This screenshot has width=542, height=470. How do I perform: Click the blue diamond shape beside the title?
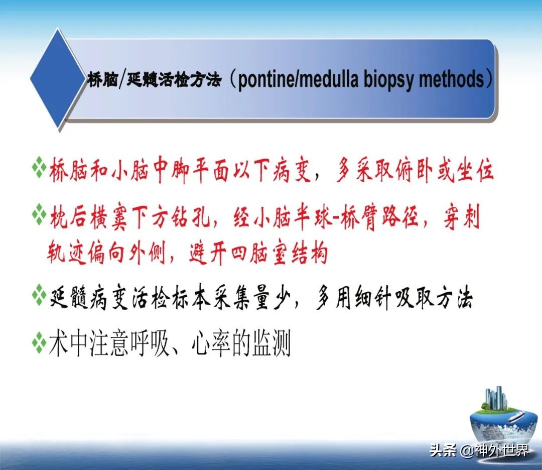tap(58, 78)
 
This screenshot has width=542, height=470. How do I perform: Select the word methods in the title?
tap(452, 79)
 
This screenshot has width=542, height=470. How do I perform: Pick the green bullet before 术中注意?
tap(39, 342)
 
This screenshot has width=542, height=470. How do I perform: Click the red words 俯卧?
tap(413, 170)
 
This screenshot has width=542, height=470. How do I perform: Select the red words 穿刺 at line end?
tap(462, 217)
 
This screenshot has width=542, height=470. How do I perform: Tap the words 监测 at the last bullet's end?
tap(271, 343)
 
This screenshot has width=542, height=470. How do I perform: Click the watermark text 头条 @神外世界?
tap(479, 450)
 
